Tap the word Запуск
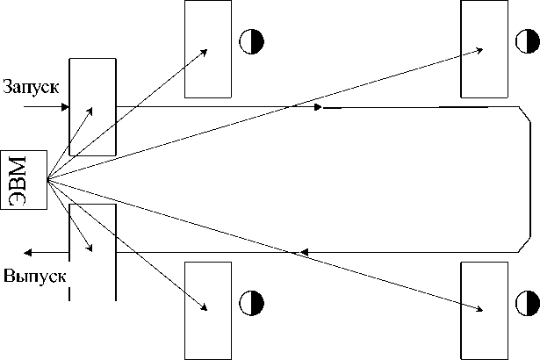(x=31, y=88)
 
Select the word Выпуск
(x=35, y=275)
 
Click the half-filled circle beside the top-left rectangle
(x=252, y=40)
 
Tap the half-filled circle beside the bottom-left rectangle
(x=252, y=304)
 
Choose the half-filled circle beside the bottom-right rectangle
(x=527, y=304)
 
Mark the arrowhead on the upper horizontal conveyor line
(x=318, y=108)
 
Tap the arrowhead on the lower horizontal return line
(x=303, y=253)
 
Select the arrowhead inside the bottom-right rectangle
(x=480, y=307)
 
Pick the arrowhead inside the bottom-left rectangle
(x=205, y=306)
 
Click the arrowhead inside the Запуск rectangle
(x=90, y=112)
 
